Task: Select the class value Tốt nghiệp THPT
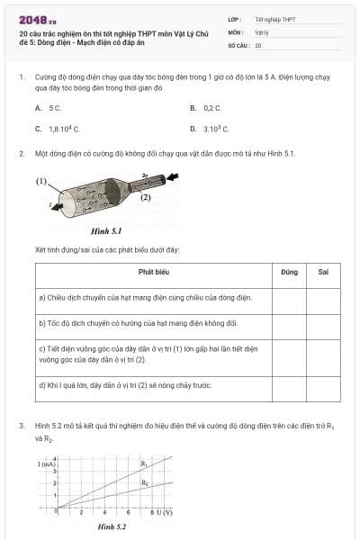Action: pos(275,19)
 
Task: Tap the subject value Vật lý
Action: pos(262,31)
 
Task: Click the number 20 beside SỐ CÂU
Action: pos(258,44)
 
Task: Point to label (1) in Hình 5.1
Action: pos(41,181)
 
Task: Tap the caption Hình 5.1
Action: pos(105,230)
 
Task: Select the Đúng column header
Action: pos(289,271)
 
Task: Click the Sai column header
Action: pos(323,271)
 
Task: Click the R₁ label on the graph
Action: pos(144,463)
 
